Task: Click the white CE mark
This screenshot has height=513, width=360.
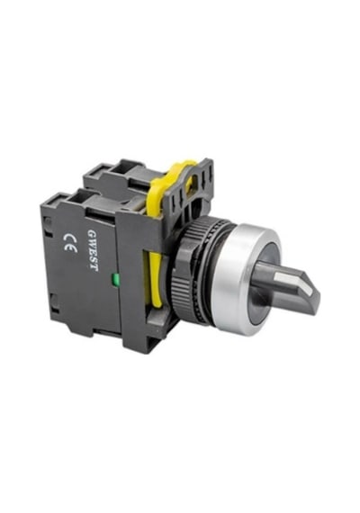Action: (70, 243)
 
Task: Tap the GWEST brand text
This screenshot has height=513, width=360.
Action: (93, 249)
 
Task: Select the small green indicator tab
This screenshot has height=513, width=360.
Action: (114, 280)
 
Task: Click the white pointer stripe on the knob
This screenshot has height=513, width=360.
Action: (292, 281)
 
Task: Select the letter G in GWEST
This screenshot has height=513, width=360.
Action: (91, 233)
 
